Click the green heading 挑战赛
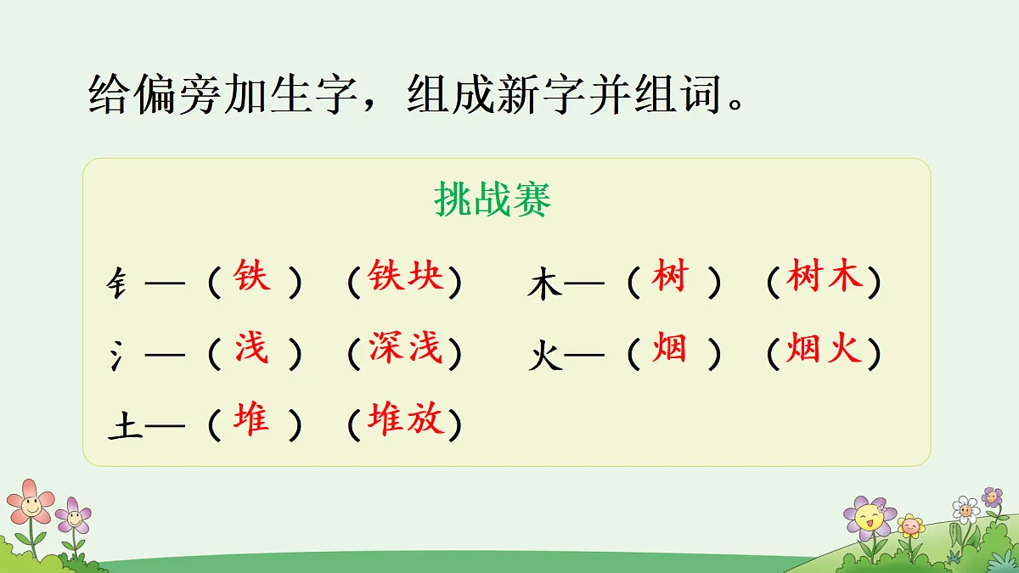click(x=493, y=200)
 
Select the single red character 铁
click(x=251, y=277)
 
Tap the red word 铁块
click(x=406, y=277)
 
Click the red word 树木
click(x=824, y=277)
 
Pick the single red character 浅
click(x=251, y=348)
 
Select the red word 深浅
click(x=406, y=348)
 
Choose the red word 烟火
click(x=824, y=348)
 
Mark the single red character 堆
click(x=251, y=419)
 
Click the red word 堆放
click(x=406, y=419)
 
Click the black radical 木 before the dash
click(x=544, y=284)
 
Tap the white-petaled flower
click(x=965, y=509)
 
